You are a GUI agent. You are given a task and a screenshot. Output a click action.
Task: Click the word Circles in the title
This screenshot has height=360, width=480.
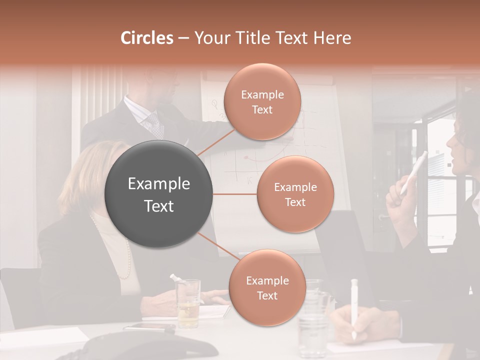[x=146, y=38]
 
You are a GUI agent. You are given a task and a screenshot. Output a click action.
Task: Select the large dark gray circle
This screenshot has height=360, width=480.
[x=159, y=194]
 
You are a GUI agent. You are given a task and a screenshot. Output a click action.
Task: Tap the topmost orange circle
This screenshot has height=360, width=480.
[x=262, y=101]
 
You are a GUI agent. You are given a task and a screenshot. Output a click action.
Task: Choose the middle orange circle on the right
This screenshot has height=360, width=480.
[x=295, y=194]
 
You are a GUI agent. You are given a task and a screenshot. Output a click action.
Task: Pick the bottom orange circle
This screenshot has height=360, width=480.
[x=267, y=287]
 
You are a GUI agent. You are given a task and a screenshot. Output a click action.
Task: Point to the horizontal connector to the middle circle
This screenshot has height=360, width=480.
[x=235, y=194]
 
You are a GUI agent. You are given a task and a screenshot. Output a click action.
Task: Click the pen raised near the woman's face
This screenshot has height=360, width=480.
[x=414, y=172]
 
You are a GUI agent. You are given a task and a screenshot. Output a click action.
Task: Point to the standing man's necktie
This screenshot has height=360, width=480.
[x=155, y=125]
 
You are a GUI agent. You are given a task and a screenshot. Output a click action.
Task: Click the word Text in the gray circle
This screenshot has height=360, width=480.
[x=159, y=206]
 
